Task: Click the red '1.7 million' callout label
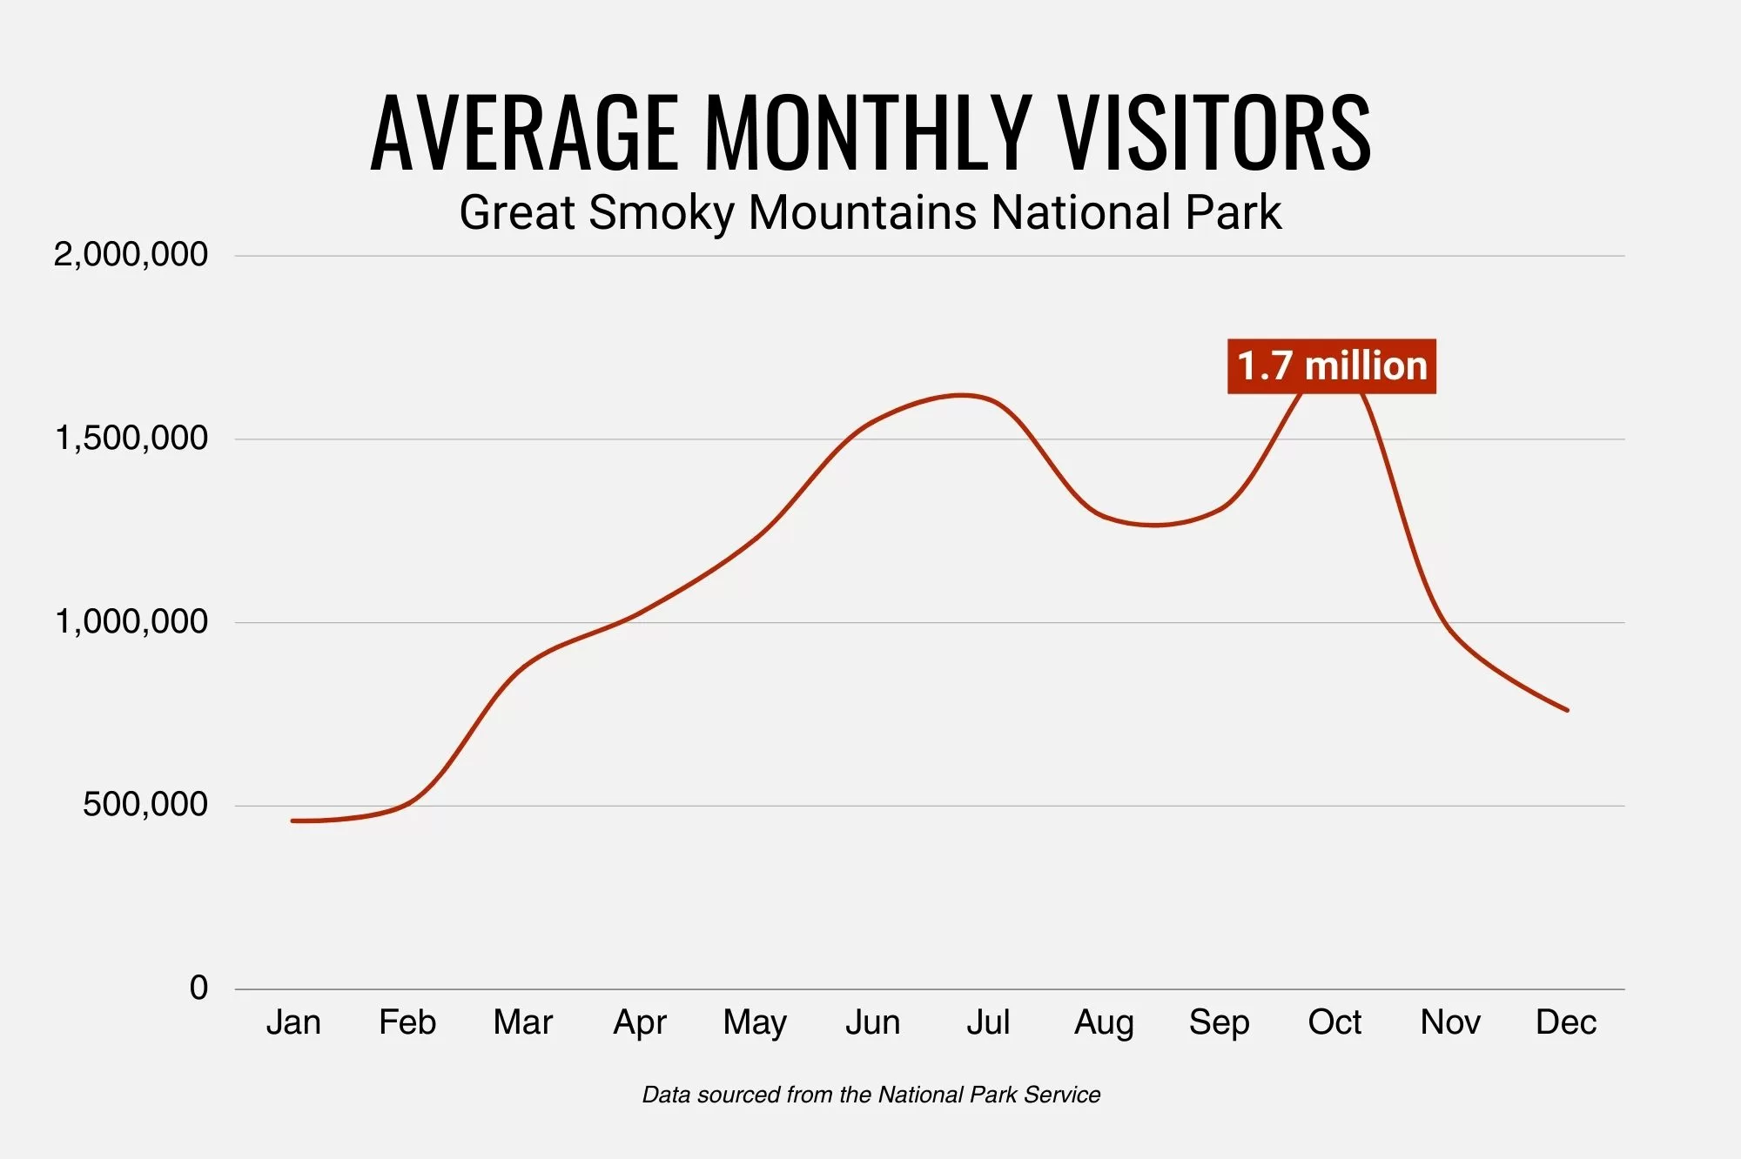point(1331,366)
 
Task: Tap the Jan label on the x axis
point(293,1022)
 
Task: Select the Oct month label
point(1334,1022)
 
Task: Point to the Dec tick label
point(1565,1022)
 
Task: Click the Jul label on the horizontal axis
point(988,1022)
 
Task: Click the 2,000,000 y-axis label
point(131,255)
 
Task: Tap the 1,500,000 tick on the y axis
point(131,439)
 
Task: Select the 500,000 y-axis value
point(145,805)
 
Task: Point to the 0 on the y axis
point(199,988)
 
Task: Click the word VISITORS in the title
point(1214,133)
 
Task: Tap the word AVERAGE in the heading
point(524,133)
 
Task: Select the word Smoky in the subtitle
point(662,213)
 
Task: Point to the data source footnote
point(870,1095)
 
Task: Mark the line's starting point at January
point(293,821)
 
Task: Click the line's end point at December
point(1567,710)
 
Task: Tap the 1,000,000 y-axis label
point(131,622)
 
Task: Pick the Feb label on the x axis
point(407,1022)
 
